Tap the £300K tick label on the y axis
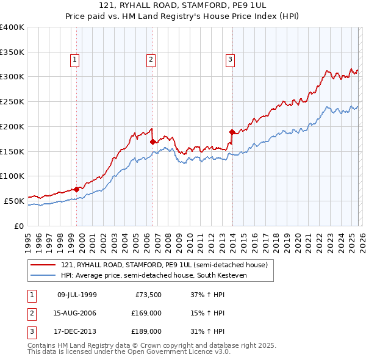(12, 77)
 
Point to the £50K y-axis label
(14, 200)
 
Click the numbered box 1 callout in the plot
(74, 59)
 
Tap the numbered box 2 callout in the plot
(150, 59)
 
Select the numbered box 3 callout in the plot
(231, 59)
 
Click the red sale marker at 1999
(76, 189)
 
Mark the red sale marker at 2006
(152, 142)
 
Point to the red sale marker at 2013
(232, 132)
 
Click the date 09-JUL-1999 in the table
(77, 295)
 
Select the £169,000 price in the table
(146, 313)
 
